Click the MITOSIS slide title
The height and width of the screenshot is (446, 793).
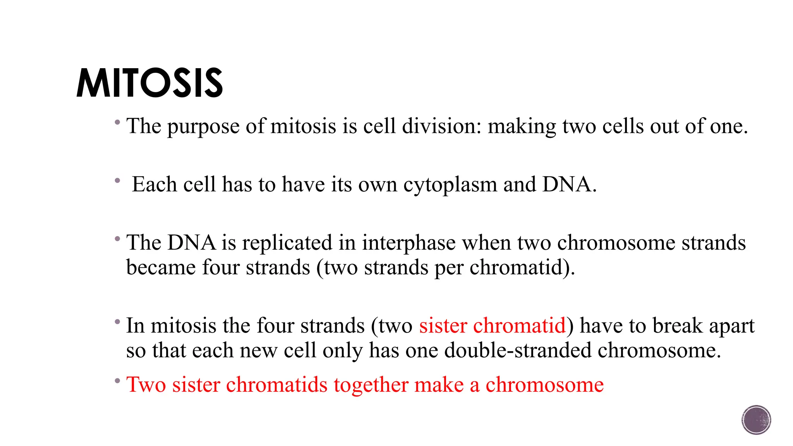(x=149, y=83)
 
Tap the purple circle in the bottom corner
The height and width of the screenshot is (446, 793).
(x=756, y=420)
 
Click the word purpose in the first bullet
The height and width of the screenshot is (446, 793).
(x=203, y=127)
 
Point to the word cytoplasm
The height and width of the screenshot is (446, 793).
(x=450, y=185)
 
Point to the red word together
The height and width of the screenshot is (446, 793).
(x=371, y=385)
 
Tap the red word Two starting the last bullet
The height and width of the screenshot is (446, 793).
(x=146, y=385)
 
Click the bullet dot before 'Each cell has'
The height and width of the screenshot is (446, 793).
(x=117, y=180)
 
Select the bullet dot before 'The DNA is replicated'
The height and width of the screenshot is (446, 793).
(x=117, y=239)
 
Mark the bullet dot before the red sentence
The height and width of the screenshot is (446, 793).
(x=117, y=381)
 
